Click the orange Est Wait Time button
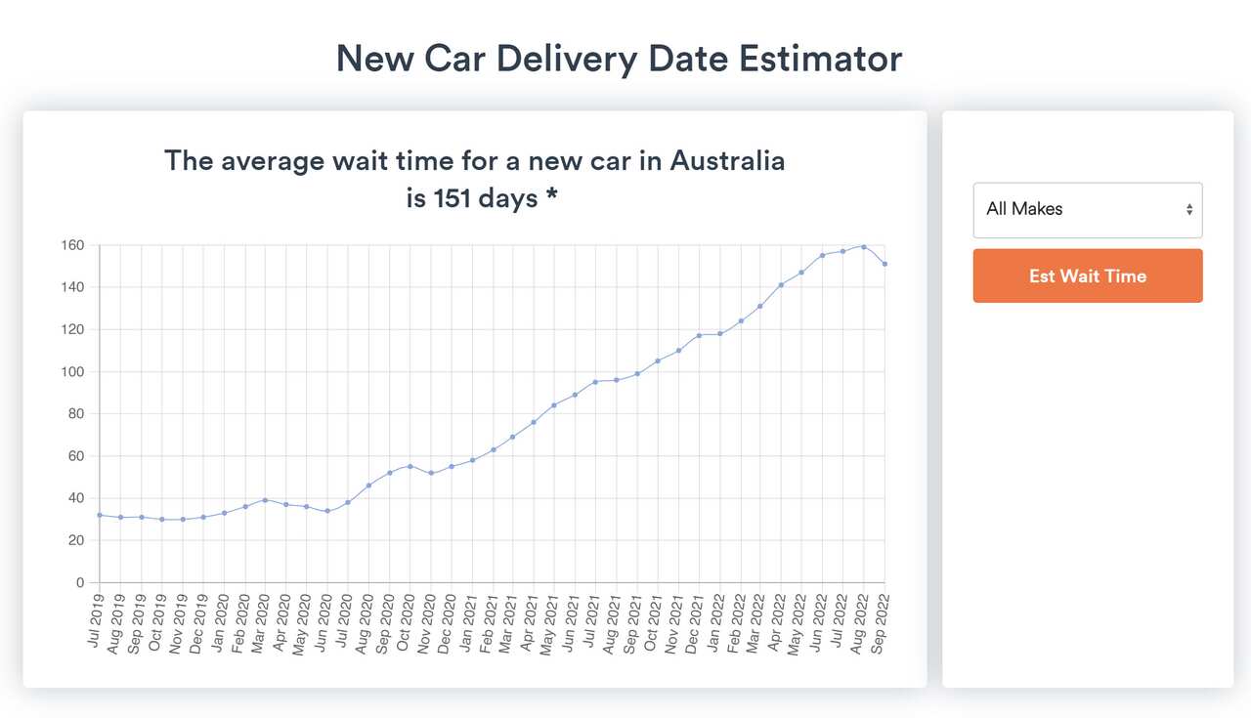pyautogui.click(x=1087, y=275)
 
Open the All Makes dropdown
pyautogui.click(x=1087, y=209)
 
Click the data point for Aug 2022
pyautogui.click(x=864, y=247)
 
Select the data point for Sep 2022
pyautogui.click(x=884, y=264)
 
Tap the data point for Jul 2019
pyautogui.click(x=100, y=515)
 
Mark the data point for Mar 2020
pyautogui.click(x=265, y=500)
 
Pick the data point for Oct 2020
pyautogui.click(x=410, y=466)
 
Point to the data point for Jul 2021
pyautogui.click(x=595, y=382)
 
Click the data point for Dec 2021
pyautogui.click(x=699, y=335)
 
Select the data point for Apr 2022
pyautogui.click(x=781, y=285)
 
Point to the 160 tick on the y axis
pyautogui.click(x=73, y=245)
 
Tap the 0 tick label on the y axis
pyautogui.click(x=81, y=583)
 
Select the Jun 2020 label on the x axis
pyautogui.click(x=322, y=622)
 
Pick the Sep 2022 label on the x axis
pyautogui.click(x=880, y=622)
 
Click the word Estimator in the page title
pyautogui.click(x=820, y=59)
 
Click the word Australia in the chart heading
pyautogui.click(x=727, y=160)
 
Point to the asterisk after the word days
pyautogui.click(x=552, y=196)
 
